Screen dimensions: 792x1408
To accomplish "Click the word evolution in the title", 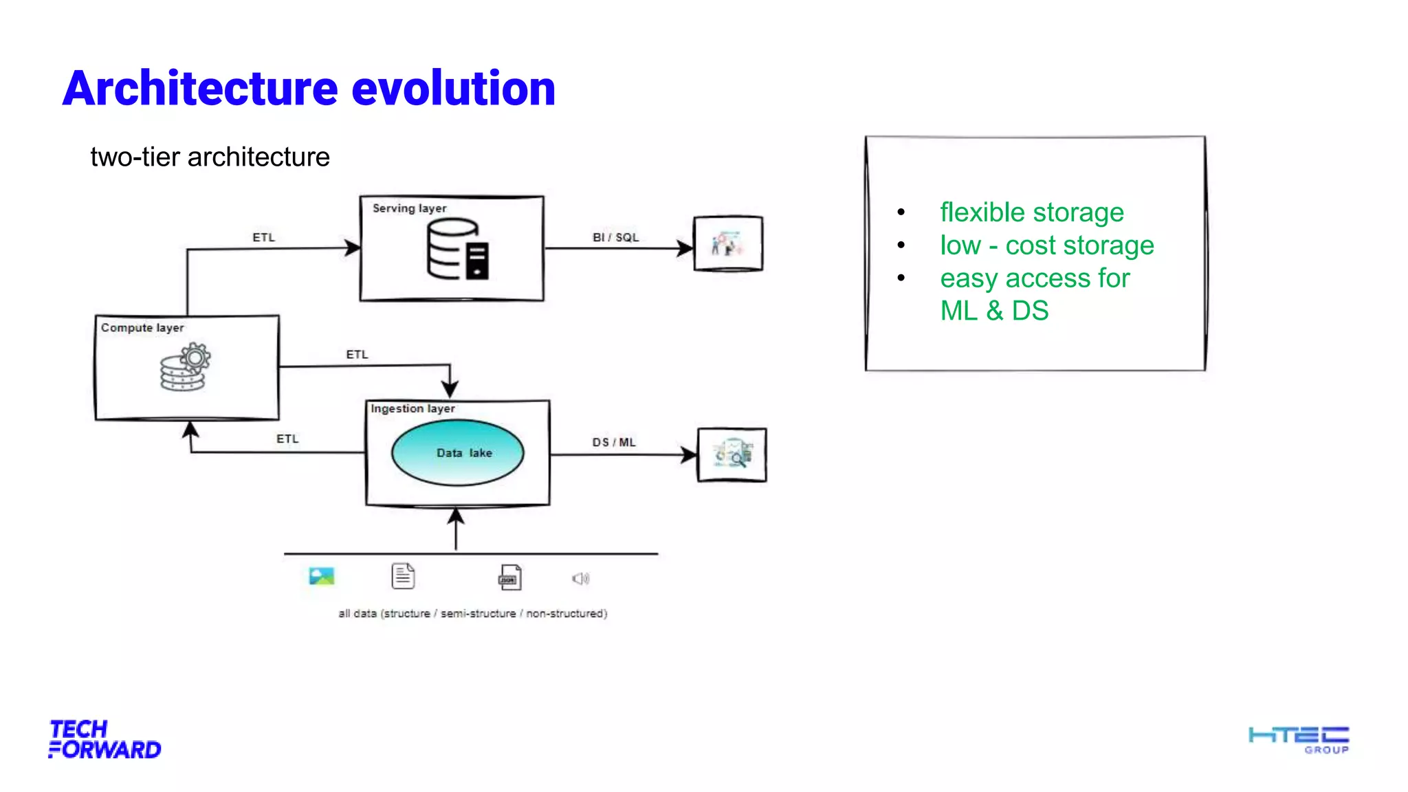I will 453,89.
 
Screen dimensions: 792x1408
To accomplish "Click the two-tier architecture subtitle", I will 210,157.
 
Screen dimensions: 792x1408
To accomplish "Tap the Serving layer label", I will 409,208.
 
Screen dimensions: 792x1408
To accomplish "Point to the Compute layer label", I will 142,328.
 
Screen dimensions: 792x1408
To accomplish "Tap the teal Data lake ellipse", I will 457,452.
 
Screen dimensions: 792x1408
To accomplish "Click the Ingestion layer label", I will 412,408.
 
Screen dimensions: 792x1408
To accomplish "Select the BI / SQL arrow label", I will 615,237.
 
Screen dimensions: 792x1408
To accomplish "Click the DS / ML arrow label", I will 614,442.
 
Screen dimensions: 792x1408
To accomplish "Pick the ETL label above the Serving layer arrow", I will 263,237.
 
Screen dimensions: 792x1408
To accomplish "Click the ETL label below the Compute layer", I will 287,439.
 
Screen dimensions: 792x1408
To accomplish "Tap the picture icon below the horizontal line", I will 321,576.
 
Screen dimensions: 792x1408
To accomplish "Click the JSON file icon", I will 509,577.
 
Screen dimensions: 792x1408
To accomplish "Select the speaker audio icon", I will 580,579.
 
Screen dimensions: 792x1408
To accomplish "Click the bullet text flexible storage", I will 1031,212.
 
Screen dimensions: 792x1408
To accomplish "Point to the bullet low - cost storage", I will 1046,245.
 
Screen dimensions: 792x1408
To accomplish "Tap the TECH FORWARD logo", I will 104,739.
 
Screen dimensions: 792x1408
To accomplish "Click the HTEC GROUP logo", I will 1298,739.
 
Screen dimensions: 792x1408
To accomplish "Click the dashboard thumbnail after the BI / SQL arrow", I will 728,243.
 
